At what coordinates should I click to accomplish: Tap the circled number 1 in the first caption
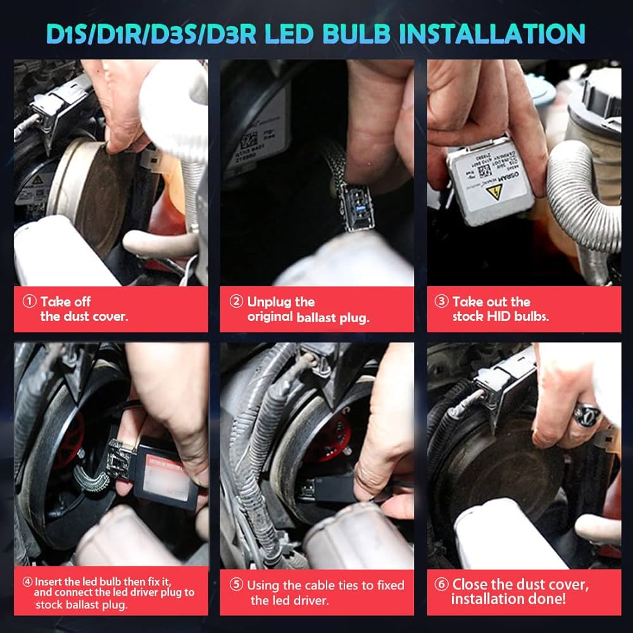coord(29,302)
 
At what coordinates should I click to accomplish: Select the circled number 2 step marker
coord(235,302)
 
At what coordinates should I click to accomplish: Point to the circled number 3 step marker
coord(441,302)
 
